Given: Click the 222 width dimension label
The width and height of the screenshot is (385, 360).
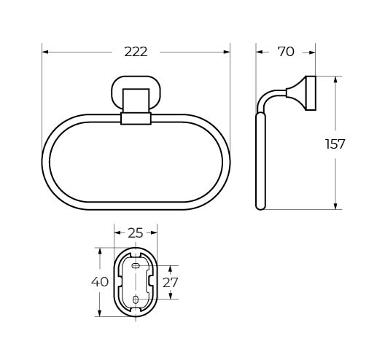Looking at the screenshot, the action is click(136, 52).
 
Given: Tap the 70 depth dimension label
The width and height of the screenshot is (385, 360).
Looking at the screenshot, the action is click(286, 52).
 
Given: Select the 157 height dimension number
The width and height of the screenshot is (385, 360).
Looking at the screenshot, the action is click(335, 144).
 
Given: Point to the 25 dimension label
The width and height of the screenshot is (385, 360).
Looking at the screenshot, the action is click(136, 233).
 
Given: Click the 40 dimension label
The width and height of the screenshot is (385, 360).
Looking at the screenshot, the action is click(100, 281).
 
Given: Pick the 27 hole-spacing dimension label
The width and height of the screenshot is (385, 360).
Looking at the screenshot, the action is click(170, 282).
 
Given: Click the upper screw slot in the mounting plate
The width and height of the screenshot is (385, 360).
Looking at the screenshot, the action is click(136, 265).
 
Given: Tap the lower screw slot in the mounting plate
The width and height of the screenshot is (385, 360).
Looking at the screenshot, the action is click(136, 300).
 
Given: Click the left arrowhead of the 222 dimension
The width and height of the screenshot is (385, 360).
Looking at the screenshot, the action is click(45, 52).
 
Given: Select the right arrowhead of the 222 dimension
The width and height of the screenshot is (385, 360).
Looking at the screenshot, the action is click(227, 52).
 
